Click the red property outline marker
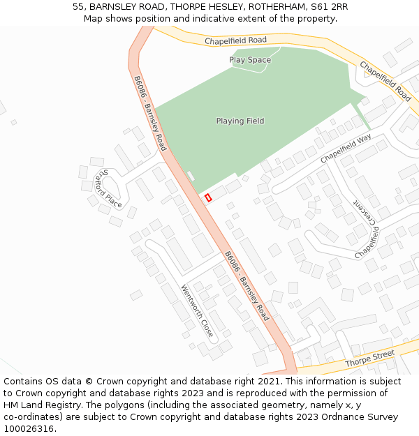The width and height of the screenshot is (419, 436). pyautogui.click(x=208, y=198)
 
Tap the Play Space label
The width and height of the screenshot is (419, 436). pyautogui.click(x=250, y=60)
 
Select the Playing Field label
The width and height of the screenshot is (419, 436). pyautogui.click(x=240, y=121)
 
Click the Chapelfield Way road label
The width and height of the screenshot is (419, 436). pyautogui.click(x=346, y=149)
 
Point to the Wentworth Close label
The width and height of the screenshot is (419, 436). pyautogui.click(x=197, y=311)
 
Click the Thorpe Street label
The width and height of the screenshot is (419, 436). pyautogui.click(x=369, y=358)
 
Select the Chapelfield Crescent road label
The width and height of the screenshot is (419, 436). pyautogui.click(x=367, y=230)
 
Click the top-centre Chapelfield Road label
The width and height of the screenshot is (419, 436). pyautogui.click(x=236, y=41)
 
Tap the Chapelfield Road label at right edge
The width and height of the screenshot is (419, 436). pyautogui.click(x=385, y=81)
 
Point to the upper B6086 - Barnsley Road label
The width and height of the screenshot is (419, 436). pyautogui.click(x=150, y=113)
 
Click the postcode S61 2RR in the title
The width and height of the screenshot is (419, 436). pyautogui.click(x=331, y=7)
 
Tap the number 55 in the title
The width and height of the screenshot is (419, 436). pyautogui.click(x=78, y=7)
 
